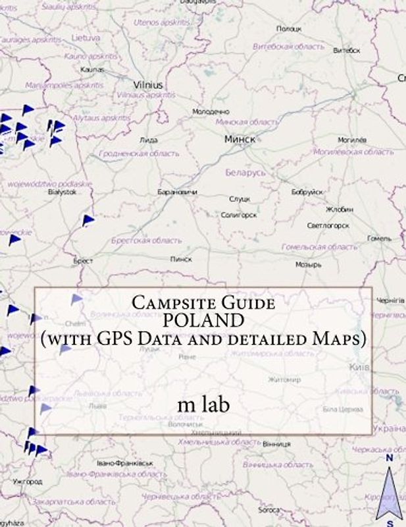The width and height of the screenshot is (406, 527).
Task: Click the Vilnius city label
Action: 148,85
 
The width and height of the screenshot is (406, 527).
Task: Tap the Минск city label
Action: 240,139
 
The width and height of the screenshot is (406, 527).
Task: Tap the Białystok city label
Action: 63,192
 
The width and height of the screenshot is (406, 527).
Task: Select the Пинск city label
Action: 181,260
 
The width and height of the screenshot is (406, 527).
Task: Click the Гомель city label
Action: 379,238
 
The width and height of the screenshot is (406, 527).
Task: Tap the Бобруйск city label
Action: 307,192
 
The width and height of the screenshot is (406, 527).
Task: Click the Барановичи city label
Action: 178,192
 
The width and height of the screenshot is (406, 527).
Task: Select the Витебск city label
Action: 347,50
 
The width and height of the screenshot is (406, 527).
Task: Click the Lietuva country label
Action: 86,38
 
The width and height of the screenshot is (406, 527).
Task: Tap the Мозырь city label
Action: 308,264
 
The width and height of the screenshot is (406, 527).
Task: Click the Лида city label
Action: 149,140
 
